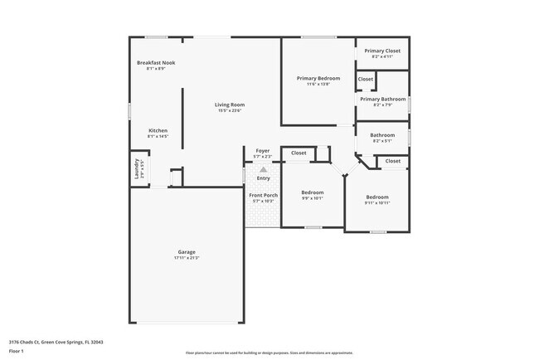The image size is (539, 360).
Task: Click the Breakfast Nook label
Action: (156, 62)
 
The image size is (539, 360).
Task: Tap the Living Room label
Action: (230, 105)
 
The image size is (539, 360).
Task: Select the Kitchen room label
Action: (158, 130)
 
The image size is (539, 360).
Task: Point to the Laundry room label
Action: (137, 169)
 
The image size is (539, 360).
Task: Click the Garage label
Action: (187, 252)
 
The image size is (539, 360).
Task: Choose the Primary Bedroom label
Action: (318, 78)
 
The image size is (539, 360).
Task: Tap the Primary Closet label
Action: (382, 51)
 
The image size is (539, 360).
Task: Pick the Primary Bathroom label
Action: (382, 99)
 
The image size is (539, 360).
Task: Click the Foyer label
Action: (263, 151)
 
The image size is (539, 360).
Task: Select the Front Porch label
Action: (263, 195)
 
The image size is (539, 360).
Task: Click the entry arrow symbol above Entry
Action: (263, 169)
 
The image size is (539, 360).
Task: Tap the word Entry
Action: (263, 178)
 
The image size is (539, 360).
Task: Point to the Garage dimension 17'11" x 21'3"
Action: (187, 258)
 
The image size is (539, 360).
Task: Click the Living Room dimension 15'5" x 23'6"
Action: (230, 110)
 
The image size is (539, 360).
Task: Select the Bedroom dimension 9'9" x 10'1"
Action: (312, 198)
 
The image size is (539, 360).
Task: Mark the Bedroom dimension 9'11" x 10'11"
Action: (377, 202)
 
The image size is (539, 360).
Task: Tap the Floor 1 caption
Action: (17, 351)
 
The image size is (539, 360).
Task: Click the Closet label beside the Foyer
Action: (299, 153)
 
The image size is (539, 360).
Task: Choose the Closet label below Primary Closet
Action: (366, 79)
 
